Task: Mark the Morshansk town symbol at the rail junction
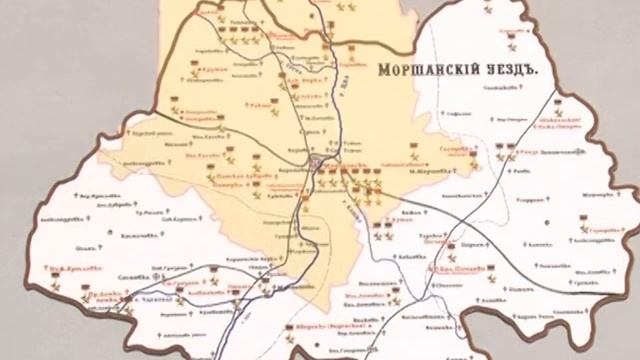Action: [x=318, y=163]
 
